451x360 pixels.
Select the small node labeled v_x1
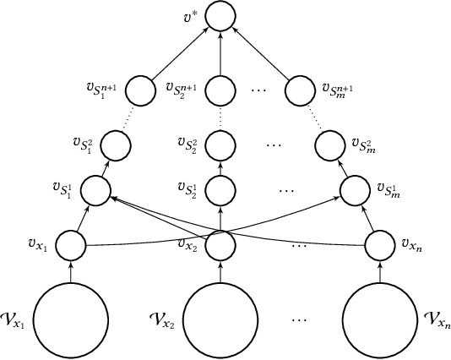pyautogui.click(x=71, y=246)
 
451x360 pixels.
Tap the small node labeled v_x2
pyautogui.click(x=220, y=246)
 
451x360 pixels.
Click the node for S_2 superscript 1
pyautogui.click(x=220, y=188)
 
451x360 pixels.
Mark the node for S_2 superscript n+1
pyautogui.click(x=220, y=88)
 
